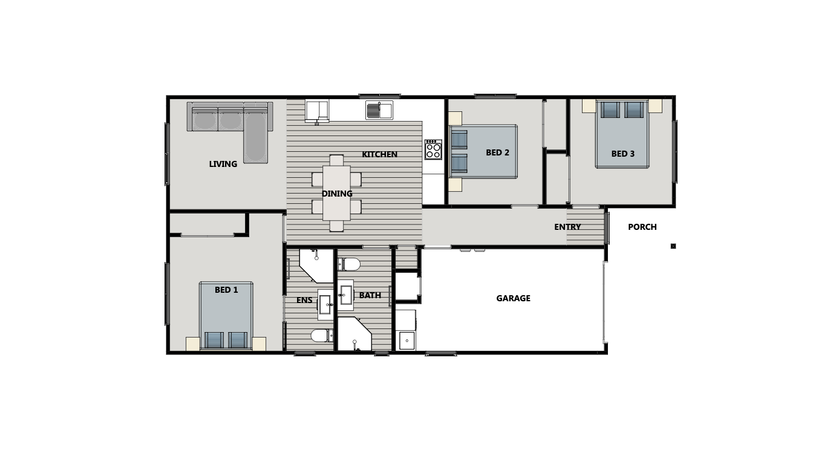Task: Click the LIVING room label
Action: point(223,164)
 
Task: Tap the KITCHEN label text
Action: point(379,154)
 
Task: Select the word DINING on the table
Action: point(337,194)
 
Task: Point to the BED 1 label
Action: point(226,290)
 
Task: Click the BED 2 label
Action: point(497,152)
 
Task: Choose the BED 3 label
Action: point(622,154)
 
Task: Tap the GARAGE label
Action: point(513,298)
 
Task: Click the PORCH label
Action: point(642,227)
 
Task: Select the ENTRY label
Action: point(567,227)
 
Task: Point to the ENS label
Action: point(304,300)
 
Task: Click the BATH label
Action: point(370,295)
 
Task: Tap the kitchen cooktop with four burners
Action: point(433,149)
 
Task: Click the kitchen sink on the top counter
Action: point(379,110)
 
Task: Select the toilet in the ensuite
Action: point(319,335)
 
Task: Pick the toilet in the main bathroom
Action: point(349,264)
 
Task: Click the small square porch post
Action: point(673,246)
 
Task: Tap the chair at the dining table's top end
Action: point(336,160)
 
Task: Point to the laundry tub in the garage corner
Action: point(407,341)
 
